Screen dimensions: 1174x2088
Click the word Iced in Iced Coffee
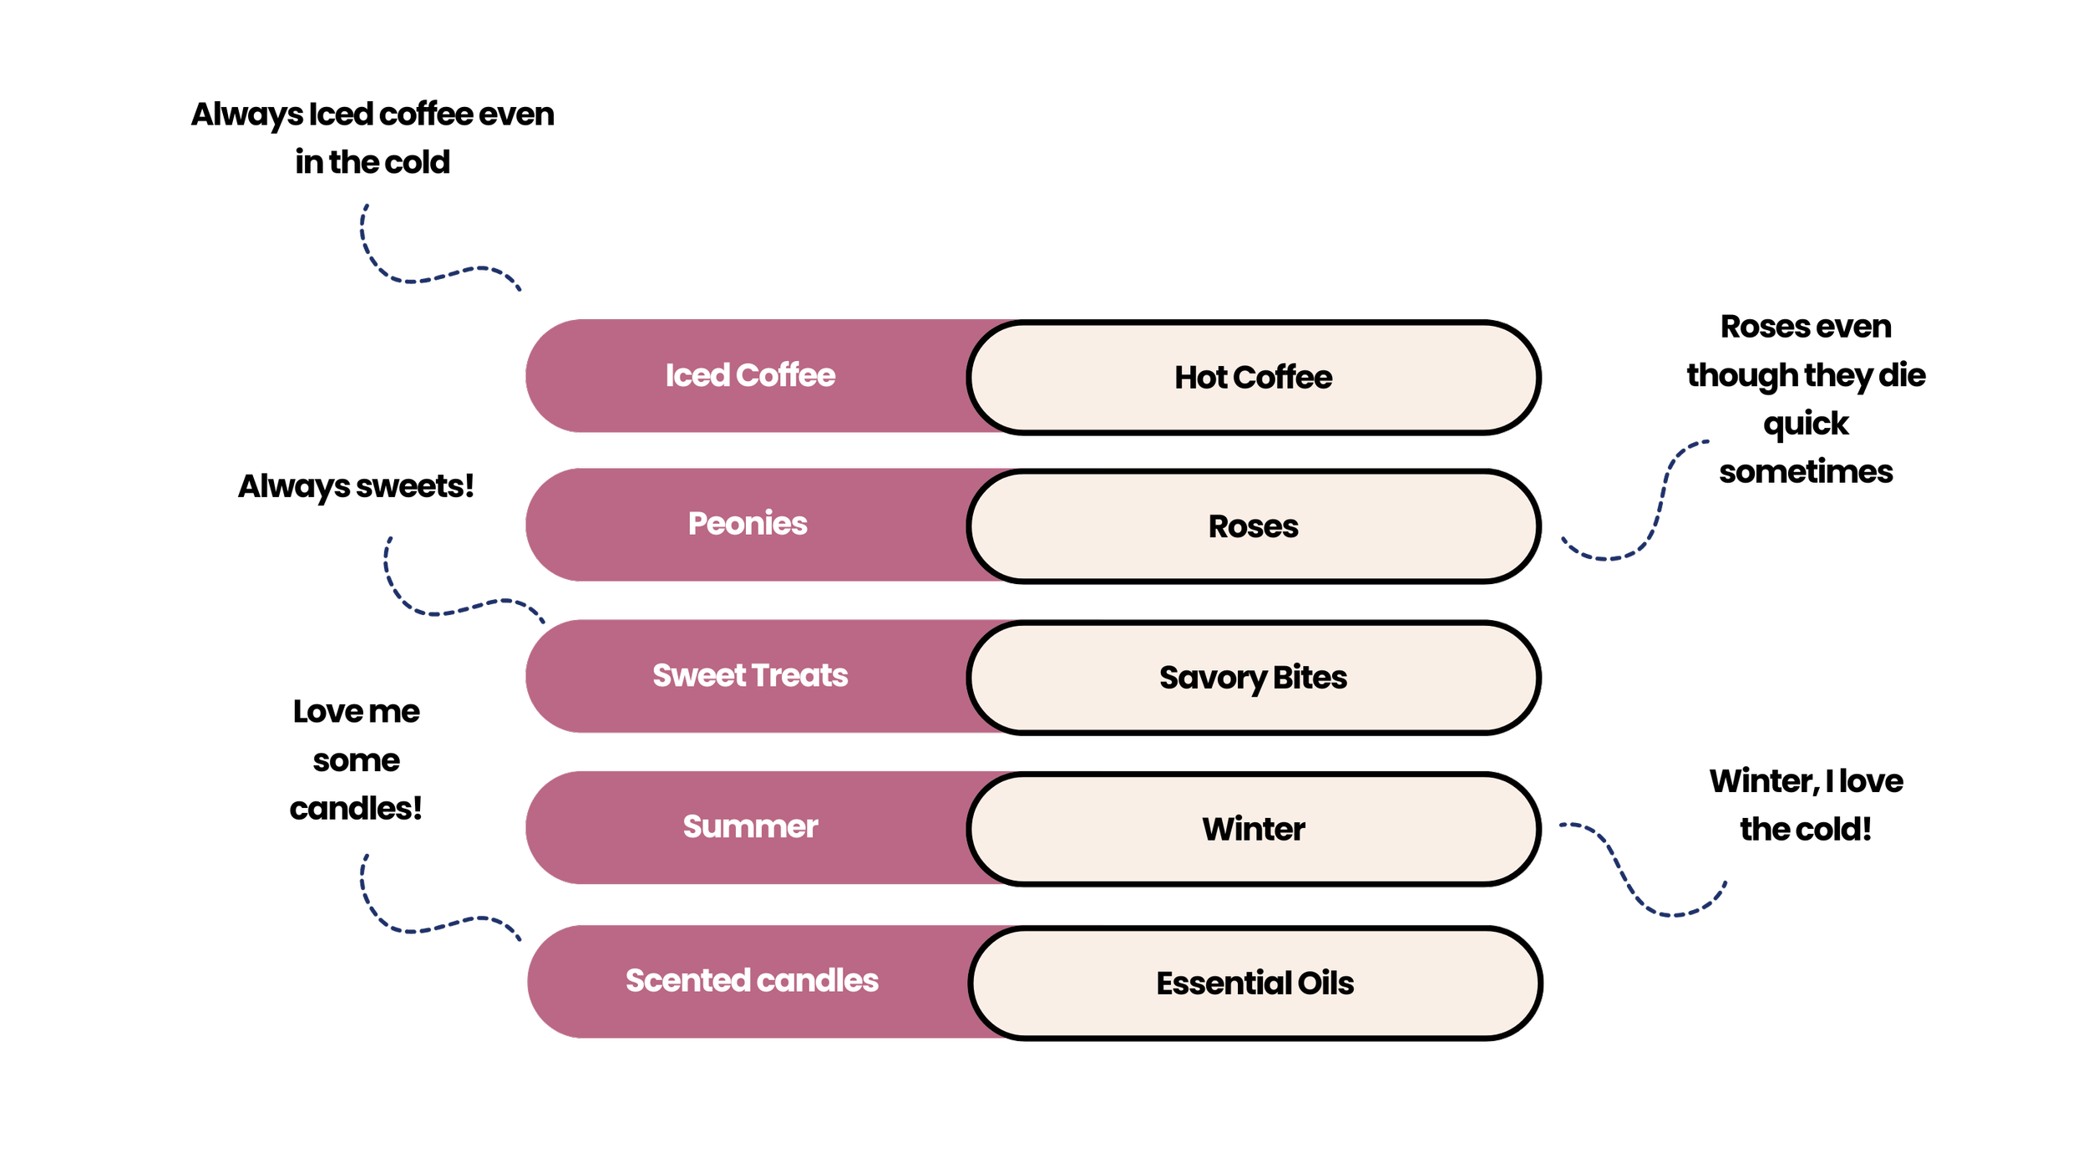[x=697, y=376]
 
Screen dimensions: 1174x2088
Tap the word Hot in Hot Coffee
[x=1200, y=378]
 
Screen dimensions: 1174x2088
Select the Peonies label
[x=748, y=524]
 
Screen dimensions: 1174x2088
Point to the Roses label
[x=1253, y=526]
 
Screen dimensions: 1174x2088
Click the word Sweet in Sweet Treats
[x=698, y=675]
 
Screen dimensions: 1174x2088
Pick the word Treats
[x=799, y=675]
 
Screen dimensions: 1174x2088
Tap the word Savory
[x=1212, y=678]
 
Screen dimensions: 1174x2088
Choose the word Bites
[x=1310, y=678]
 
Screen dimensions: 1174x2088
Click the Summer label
[x=750, y=826]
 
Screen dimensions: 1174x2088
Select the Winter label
[x=1253, y=829]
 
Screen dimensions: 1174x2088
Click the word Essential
[x=1223, y=983]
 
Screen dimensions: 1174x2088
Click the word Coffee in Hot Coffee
[x=1283, y=378]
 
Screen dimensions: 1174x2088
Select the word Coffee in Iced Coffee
[x=786, y=376]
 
